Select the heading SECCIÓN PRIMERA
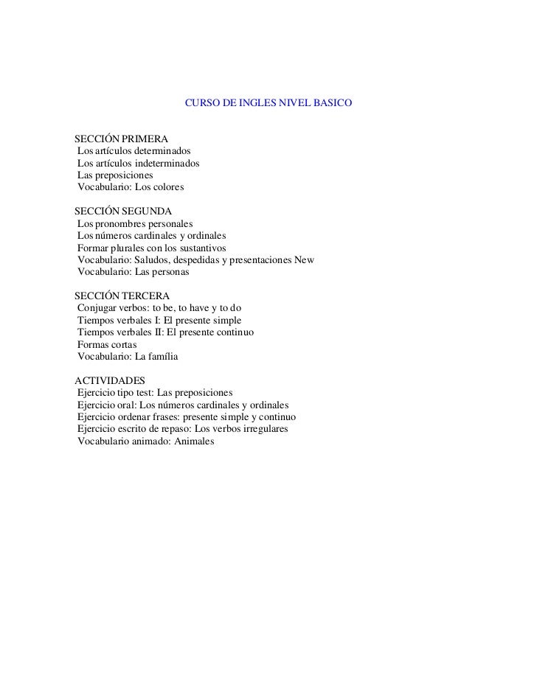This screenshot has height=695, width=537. click(121, 139)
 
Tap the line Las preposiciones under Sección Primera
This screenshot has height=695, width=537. click(115, 176)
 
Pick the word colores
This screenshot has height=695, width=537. click(164, 189)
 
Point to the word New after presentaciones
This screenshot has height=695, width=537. click(305, 260)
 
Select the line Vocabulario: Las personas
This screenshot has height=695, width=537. click(134, 273)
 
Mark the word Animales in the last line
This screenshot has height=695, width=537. click(193, 441)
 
